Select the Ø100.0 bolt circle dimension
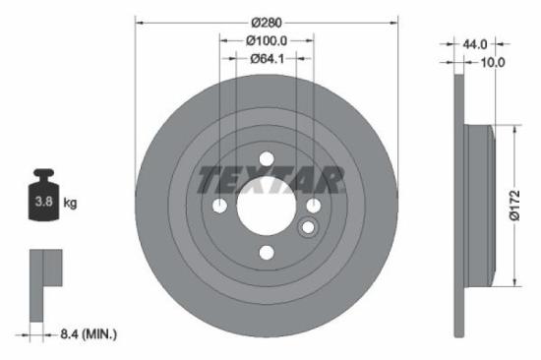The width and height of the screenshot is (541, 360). pos(266,40)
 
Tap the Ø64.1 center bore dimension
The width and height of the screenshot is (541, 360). pos(266,58)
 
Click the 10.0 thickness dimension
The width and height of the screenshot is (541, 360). pos(492,62)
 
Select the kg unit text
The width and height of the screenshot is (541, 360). pos(71,204)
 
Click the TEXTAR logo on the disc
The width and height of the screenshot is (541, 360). pos(271,180)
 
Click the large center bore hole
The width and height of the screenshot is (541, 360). pos(266,206)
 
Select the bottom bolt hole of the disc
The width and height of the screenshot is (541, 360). pos(266,254)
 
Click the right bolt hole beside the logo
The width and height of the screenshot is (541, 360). pos(313,206)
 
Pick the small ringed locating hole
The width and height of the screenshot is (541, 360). pos(307,228)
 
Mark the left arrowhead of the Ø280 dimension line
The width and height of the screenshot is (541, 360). pos(138,23)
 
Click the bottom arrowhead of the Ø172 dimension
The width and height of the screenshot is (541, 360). pos(512,283)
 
